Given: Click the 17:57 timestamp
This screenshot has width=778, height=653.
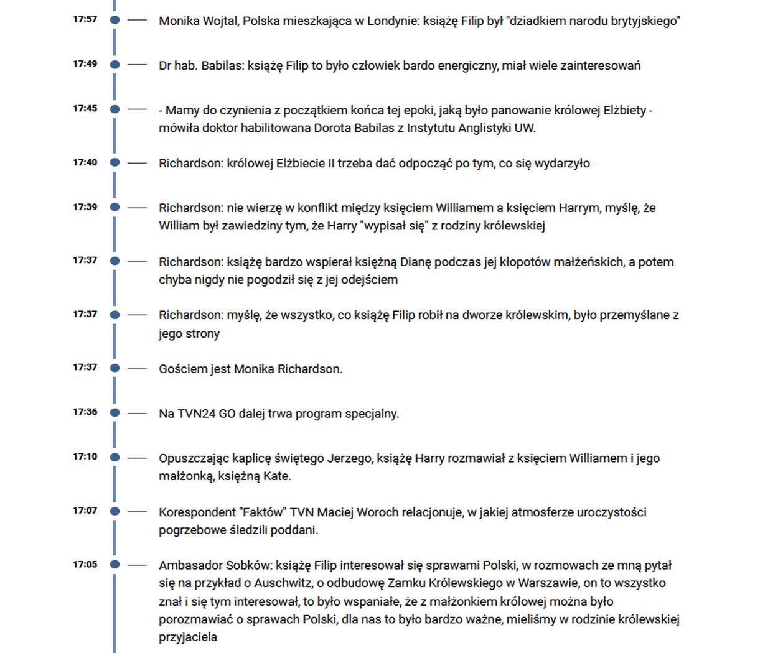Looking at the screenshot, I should pos(85,19).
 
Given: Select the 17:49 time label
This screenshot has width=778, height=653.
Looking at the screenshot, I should pos(85,64).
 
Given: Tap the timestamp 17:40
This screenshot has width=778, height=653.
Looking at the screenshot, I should pos(85,162).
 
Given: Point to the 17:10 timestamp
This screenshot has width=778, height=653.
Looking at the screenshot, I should pos(85,456).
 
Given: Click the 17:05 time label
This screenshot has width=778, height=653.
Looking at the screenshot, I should pos(85,565).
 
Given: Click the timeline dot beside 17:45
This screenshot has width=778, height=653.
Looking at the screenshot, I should pos(115,109).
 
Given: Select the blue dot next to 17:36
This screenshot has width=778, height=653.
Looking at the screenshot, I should pos(115,412).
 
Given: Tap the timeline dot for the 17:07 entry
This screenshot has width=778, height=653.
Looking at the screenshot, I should pos(115,511).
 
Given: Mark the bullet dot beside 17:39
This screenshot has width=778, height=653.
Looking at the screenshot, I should pos(115,207).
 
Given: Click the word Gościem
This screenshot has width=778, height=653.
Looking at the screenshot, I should pos(182,369).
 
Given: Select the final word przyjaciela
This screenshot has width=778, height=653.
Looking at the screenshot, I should pos(188,637).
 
